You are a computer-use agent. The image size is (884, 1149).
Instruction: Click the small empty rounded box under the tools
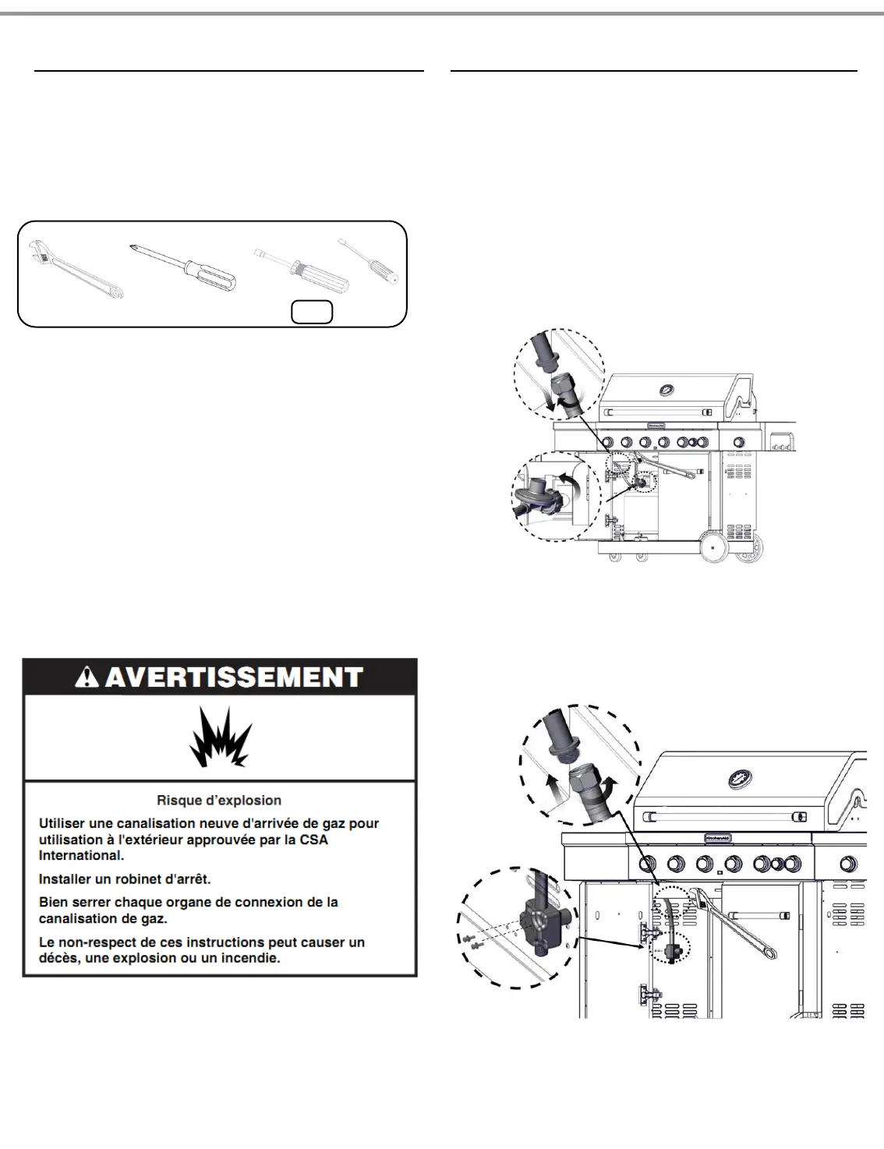[x=312, y=312]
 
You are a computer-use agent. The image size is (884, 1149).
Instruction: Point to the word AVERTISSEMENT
[x=234, y=677]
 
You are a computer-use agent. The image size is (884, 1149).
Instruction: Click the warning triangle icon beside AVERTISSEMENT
[x=88, y=677]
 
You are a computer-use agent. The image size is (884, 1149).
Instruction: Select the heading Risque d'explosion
[x=219, y=801]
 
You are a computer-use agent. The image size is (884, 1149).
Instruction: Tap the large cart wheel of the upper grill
[x=713, y=547]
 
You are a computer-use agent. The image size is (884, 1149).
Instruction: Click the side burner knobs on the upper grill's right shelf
[x=780, y=444]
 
